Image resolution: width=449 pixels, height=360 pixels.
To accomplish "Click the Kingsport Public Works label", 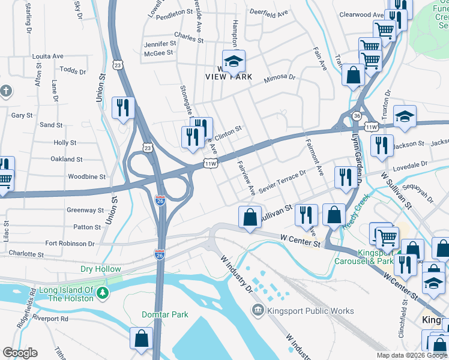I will click(310, 311).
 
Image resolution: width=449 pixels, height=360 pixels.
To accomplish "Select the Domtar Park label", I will click(165, 314).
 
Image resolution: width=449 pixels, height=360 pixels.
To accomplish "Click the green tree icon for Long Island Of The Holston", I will click(103, 293).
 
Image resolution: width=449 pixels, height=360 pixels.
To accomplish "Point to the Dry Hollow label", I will click(101, 269).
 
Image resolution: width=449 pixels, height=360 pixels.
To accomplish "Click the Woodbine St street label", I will click(86, 177).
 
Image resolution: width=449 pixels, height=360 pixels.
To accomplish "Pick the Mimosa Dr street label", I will click(280, 77).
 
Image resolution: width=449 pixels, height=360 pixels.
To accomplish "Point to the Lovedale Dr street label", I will click(411, 163).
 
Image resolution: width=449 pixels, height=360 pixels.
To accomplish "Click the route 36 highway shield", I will click(357, 116).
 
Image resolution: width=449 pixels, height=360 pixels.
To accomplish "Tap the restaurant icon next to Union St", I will click(123, 107).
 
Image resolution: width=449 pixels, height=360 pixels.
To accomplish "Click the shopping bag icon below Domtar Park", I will click(141, 338).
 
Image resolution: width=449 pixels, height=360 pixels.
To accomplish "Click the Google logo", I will click(20, 353).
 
